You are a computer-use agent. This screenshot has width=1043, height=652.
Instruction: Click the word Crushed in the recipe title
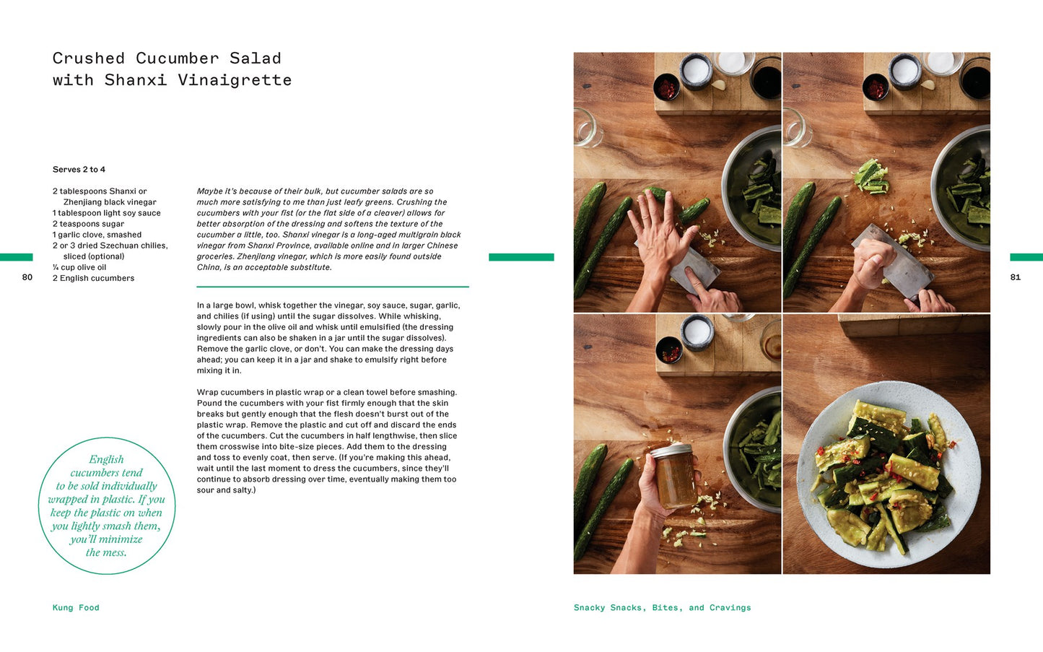[x=89, y=58]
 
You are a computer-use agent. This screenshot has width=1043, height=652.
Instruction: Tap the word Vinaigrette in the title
[x=235, y=80]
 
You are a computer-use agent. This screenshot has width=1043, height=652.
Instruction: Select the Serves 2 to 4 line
[x=79, y=170]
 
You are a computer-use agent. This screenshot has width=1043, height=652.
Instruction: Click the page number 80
[x=27, y=277]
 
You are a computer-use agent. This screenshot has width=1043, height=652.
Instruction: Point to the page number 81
[x=1016, y=277]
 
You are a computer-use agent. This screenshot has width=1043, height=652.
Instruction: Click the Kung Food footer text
[x=76, y=608]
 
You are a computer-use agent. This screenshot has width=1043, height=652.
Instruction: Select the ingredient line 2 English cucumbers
[x=93, y=278]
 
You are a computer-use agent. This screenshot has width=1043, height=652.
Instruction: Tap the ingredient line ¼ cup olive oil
[x=79, y=267]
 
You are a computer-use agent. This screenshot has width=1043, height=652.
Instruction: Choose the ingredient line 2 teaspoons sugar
[x=88, y=224]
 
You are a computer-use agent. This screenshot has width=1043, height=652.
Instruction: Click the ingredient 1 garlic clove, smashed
[x=97, y=235]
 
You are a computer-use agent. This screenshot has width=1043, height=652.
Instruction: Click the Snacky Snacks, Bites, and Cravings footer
[x=662, y=608]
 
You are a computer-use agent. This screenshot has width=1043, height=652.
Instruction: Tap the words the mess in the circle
[x=106, y=553]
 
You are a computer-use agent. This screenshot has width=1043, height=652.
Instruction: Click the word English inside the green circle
[x=106, y=460]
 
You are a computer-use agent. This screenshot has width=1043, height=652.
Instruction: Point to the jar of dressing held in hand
[x=674, y=475]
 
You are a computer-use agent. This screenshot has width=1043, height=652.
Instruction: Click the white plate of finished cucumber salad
[x=889, y=474]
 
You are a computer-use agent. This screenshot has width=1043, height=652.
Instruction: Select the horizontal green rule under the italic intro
[x=333, y=287]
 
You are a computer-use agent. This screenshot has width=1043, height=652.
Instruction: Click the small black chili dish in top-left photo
[x=667, y=87]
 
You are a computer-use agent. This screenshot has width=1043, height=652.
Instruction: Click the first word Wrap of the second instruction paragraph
[x=206, y=392]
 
